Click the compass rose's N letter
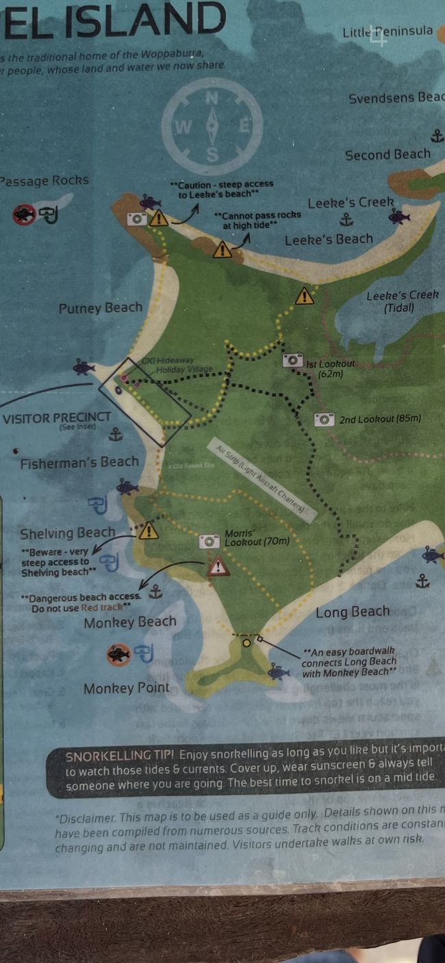212,99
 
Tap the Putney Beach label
101,308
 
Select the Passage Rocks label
44,181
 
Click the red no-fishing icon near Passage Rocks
23,215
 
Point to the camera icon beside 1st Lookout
293,360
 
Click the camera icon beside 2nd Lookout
324,419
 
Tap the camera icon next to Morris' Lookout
209,541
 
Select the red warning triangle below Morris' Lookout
218,567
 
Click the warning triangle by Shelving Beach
149,530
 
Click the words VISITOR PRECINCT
56,418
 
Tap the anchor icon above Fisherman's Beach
116,434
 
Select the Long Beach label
353,612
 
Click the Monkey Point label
126,688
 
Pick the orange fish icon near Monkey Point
118,654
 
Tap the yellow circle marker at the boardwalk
246,642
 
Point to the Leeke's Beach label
329,239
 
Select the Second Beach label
387,155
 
